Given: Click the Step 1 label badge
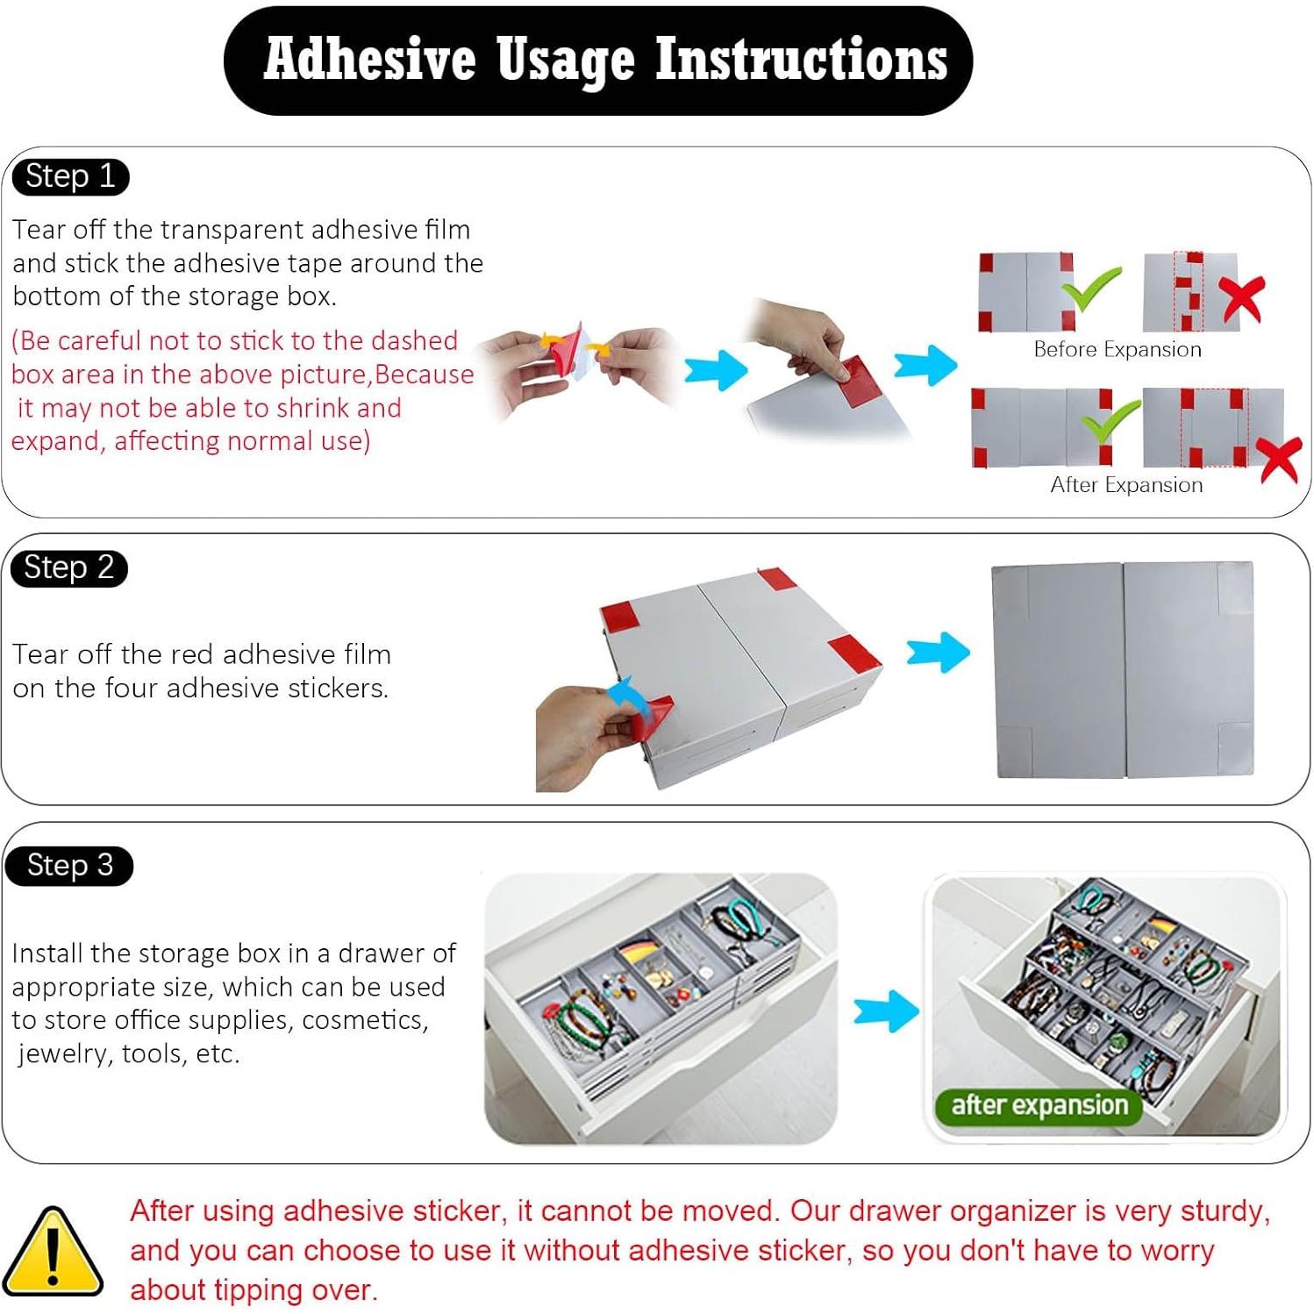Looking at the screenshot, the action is (x=70, y=177).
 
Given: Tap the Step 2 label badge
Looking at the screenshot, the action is (x=69, y=568).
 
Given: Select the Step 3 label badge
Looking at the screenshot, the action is (x=69, y=867).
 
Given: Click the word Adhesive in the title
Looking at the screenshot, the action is (x=370, y=60).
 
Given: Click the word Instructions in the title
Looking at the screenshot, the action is (x=802, y=60).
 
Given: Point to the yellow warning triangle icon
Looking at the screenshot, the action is (x=52, y=1252).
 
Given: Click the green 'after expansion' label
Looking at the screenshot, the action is (x=1039, y=1105).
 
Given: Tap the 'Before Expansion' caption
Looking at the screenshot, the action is (x=1118, y=349).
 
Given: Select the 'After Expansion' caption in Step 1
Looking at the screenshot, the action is (x=1126, y=485).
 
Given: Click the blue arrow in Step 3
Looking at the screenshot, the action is (x=886, y=1010).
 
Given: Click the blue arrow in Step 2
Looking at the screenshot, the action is (x=938, y=652).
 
